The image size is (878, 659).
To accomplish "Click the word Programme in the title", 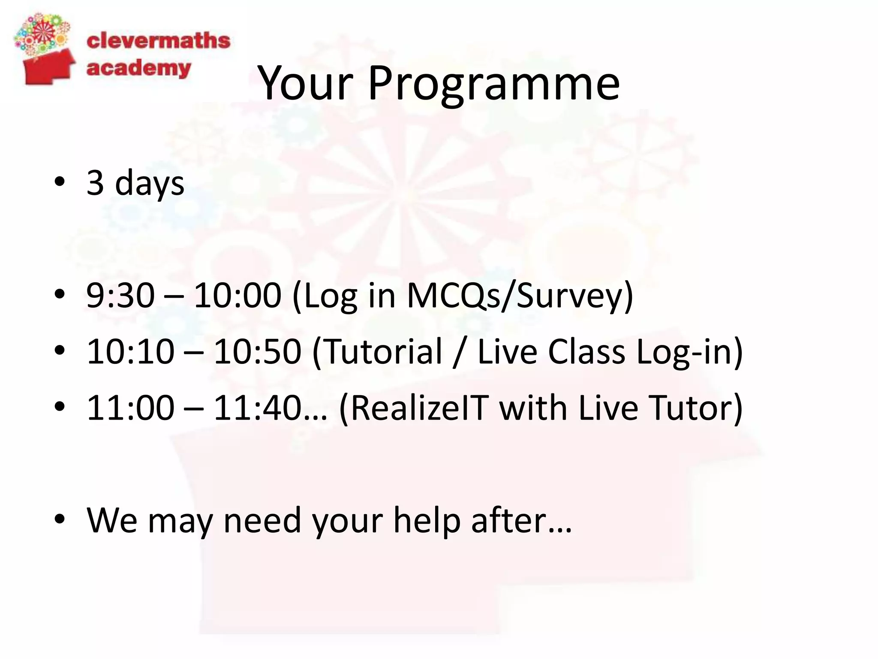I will coord(494,84).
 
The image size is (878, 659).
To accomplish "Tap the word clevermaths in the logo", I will coord(158,41).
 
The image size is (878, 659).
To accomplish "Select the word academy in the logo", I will coord(138,69).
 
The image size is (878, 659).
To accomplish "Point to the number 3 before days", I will coord(95,182).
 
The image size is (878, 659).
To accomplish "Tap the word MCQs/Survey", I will coord(519,296).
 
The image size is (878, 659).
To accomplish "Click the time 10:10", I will coord(130,351).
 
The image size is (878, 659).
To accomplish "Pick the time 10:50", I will coord(257,351).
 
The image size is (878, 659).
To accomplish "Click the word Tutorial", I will coord(378,351).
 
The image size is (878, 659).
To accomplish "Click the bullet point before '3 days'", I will coord(60,182).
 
